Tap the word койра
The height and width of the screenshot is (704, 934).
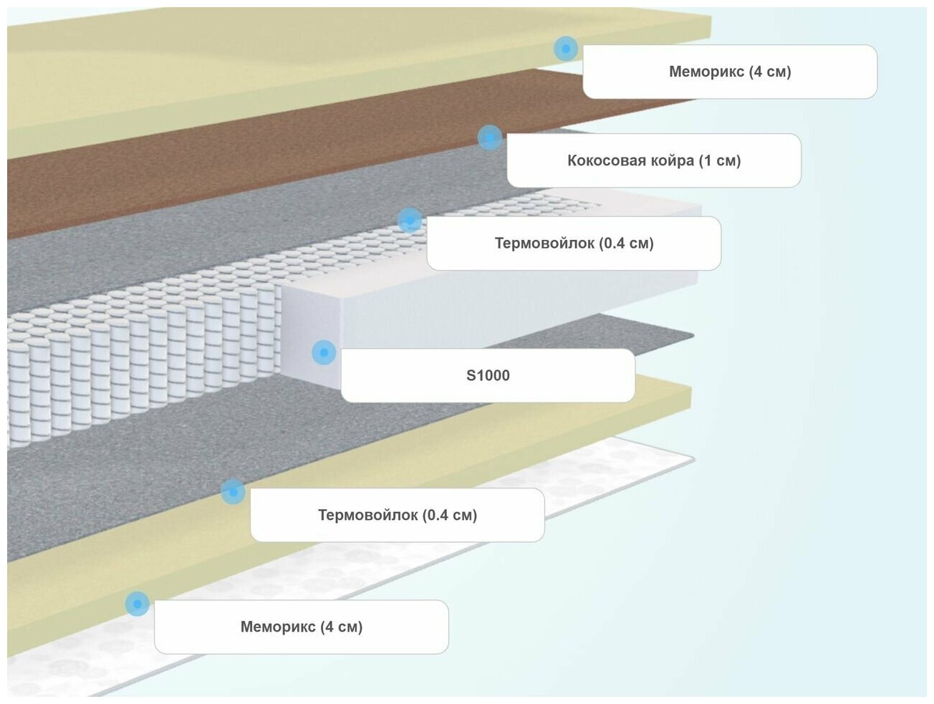click(x=670, y=160)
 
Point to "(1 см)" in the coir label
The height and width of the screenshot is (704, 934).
click(x=719, y=160)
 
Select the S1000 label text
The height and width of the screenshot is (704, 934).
click(x=488, y=375)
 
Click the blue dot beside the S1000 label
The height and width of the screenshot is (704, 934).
click(x=324, y=352)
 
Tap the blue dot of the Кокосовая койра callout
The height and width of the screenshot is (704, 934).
click(x=490, y=138)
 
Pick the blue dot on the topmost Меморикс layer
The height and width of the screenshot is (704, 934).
click(x=566, y=49)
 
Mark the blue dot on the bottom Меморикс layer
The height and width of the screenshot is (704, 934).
click(x=137, y=604)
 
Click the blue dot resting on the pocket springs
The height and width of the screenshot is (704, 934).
click(x=409, y=220)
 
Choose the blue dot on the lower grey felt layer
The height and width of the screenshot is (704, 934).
click(x=233, y=491)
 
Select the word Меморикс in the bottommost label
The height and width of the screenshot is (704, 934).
click(x=278, y=627)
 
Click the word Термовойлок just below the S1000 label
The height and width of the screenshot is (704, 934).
click(x=367, y=515)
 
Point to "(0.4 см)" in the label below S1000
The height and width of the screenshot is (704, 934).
click(x=449, y=515)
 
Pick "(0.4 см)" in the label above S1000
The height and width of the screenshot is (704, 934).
click(x=626, y=243)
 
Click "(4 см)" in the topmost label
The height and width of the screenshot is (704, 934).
click(x=770, y=72)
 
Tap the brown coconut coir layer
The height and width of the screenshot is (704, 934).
click(x=215, y=179)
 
